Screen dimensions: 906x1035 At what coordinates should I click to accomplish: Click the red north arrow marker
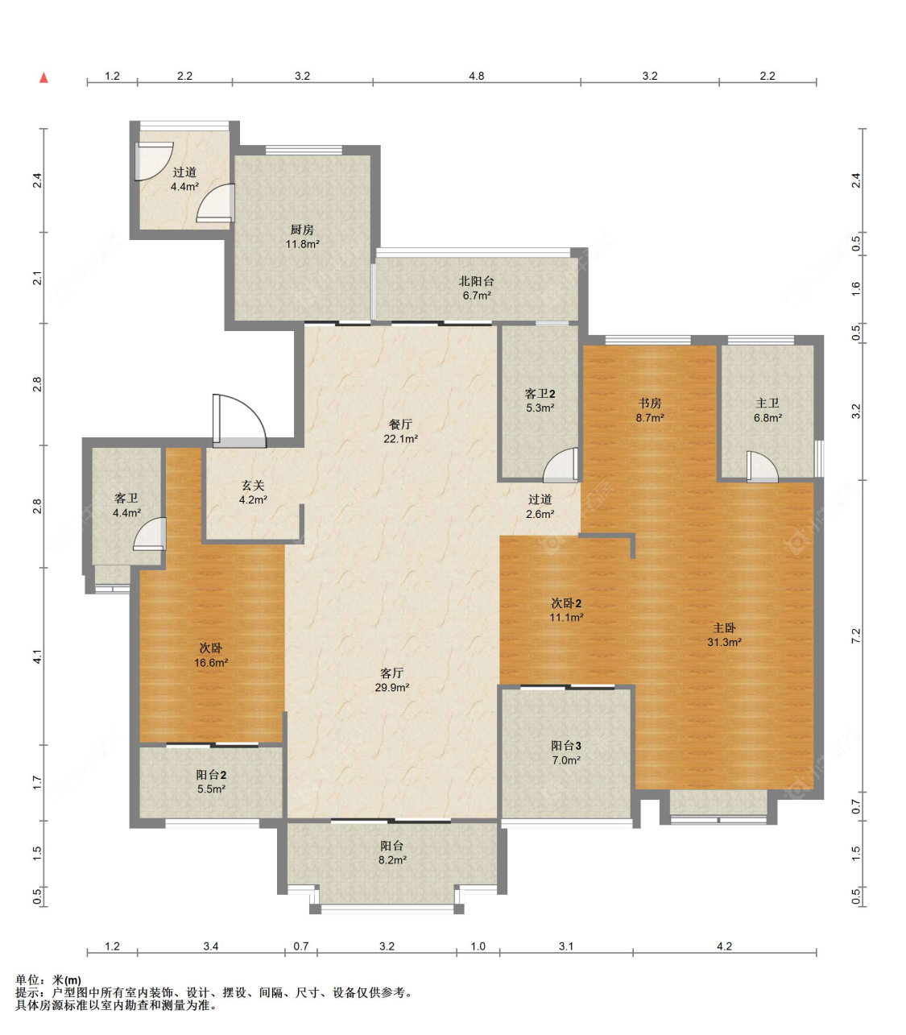tap(44, 77)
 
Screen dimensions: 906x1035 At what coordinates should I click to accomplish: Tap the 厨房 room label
tap(302, 230)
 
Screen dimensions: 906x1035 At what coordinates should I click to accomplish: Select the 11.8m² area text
tap(303, 244)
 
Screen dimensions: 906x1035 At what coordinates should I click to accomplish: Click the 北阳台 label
tap(476, 281)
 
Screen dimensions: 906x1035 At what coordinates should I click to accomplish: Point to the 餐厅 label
tap(400, 424)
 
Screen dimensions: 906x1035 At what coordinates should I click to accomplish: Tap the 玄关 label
tap(253, 486)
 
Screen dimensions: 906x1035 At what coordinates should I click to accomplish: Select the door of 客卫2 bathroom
tap(561, 466)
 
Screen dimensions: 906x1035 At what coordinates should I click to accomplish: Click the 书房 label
tap(650, 404)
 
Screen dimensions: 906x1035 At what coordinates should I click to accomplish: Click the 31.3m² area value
tap(724, 643)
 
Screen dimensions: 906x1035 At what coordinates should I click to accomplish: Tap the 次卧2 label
tap(566, 603)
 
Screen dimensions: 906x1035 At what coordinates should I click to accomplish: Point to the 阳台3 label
tap(566, 745)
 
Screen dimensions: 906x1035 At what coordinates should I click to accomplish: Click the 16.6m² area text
tap(212, 663)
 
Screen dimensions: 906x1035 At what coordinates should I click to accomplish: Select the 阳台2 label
tap(211, 775)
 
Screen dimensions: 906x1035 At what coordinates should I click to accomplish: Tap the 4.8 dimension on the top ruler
tap(477, 76)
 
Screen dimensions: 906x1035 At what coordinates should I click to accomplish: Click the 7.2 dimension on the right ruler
tap(856, 635)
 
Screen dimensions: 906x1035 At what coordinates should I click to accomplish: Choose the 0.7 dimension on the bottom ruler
tap(301, 946)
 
